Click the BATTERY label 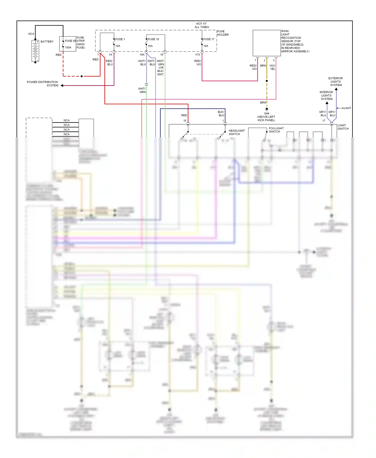point(47,42)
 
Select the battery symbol point(35,51)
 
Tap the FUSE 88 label point(70,41)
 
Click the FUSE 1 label point(120,39)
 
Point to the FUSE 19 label point(153,39)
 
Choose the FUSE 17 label point(209,39)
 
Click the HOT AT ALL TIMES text point(202,25)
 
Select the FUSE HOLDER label point(223,33)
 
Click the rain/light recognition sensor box point(266,43)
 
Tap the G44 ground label point(266,113)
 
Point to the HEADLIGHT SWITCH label point(236,132)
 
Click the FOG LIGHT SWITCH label point(276,130)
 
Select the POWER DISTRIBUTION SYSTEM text point(43,84)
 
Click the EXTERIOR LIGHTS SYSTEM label point(336,82)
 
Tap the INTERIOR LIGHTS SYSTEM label point(326,95)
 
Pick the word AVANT point(346,108)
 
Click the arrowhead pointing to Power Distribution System point(62,85)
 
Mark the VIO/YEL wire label point(272,67)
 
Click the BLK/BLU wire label point(221,113)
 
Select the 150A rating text point(68,48)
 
